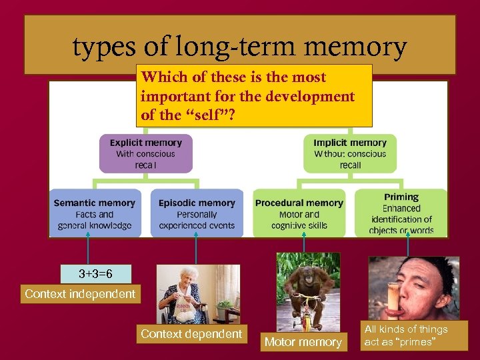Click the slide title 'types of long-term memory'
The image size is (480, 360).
tap(239, 47)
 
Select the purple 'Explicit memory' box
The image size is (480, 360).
tap(145, 153)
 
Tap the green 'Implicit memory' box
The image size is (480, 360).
tap(349, 153)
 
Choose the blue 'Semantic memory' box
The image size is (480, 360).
tap(94, 213)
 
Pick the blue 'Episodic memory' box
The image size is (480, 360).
tap(197, 213)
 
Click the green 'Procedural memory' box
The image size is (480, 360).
tap(299, 213)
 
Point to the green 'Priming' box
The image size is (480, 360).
tap(401, 213)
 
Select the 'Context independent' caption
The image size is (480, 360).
tap(80, 293)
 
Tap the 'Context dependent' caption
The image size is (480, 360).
tap(191, 333)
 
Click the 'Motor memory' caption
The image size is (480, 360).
tap(303, 342)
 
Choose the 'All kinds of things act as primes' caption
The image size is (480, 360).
tap(406, 335)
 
